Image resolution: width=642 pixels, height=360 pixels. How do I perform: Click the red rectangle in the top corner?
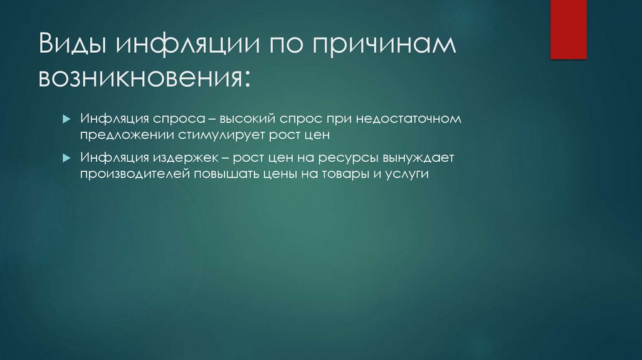coord(568,29)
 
